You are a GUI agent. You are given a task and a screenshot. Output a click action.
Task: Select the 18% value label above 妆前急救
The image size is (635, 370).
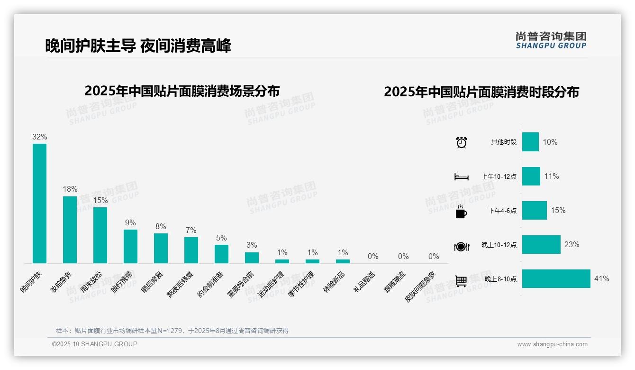(x=70, y=189)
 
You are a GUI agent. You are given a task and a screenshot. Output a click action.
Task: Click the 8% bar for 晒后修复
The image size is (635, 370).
(x=161, y=248)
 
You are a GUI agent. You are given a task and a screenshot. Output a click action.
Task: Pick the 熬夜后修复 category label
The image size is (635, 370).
(x=180, y=284)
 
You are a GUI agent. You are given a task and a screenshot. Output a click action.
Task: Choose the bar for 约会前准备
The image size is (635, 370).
(x=221, y=254)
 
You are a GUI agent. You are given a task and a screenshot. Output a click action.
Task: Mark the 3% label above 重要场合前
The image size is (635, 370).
(x=252, y=245)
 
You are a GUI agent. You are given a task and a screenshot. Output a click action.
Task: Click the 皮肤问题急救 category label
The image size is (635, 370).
(x=420, y=287)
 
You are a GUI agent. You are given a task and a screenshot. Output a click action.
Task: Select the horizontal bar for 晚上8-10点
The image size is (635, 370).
(x=556, y=279)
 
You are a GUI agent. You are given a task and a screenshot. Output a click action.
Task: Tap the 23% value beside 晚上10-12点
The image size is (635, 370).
(x=571, y=245)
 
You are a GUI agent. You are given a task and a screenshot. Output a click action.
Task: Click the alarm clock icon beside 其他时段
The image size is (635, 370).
(x=461, y=142)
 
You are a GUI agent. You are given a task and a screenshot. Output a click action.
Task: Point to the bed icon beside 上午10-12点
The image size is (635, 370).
(x=461, y=177)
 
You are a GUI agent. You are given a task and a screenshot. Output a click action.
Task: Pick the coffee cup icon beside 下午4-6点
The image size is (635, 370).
(x=461, y=212)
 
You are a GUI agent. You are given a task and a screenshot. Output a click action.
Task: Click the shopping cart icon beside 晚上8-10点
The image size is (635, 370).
(x=461, y=281)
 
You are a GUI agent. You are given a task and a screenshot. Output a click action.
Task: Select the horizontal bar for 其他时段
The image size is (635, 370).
(x=530, y=142)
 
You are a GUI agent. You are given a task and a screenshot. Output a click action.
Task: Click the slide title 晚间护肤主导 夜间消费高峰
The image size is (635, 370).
(x=138, y=46)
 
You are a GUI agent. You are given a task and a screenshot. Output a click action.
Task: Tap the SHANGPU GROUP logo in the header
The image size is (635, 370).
(x=551, y=40)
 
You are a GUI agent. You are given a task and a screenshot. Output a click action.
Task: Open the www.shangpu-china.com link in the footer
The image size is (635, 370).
(x=552, y=344)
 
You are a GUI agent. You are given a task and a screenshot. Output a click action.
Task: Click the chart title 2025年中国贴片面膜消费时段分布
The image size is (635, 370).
(x=481, y=92)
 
